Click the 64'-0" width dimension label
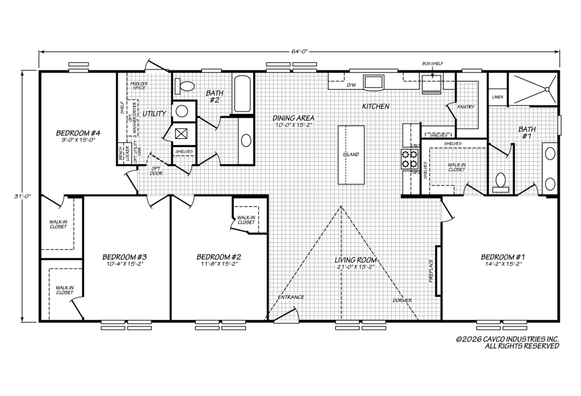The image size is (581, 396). (299, 51)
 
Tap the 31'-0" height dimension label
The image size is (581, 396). (23, 197)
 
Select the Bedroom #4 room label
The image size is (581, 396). (78, 133)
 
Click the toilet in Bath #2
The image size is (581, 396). (184, 86)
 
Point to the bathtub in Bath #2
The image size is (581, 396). (243, 94)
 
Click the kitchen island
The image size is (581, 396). (351, 155)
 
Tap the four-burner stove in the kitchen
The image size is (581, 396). (410, 159)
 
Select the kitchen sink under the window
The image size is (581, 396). (373, 82)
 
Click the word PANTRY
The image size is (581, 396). (466, 107)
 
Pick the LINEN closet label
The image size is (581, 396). (498, 97)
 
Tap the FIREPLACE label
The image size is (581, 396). (431, 271)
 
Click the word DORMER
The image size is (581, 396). (402, 300)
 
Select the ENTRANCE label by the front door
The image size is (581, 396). (291, 297)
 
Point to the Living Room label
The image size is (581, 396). (355, 260)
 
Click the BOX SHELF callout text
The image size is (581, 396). (433, 63)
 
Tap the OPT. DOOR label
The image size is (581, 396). (156, 171)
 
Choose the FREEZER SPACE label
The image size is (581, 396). (139, 86)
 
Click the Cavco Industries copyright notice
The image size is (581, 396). (507, 343)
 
